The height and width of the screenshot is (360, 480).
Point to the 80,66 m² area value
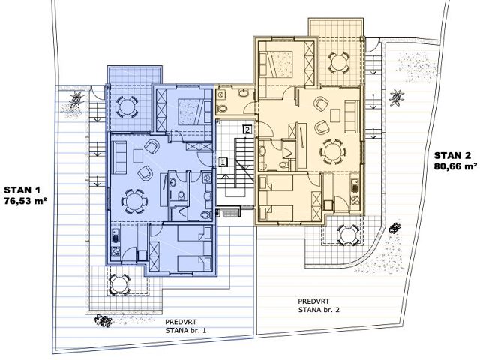455,166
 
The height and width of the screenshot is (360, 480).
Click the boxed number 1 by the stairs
223,162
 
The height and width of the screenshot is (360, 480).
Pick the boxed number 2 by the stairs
247,130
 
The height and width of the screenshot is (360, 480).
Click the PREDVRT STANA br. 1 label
185,326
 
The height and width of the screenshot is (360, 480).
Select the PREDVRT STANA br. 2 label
319,305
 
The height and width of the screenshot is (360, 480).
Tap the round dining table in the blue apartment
134,202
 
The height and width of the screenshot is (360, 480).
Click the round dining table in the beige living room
333,151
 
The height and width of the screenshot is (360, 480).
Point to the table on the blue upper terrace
126,106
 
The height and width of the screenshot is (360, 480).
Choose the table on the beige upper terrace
338,63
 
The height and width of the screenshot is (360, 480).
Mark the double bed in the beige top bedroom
276,63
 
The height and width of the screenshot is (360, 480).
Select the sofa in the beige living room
352,116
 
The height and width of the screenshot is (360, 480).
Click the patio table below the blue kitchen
120,285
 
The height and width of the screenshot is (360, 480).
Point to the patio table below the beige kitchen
348,235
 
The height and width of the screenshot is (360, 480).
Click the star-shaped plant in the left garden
76,99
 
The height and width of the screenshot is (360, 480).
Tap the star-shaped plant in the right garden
397,97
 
